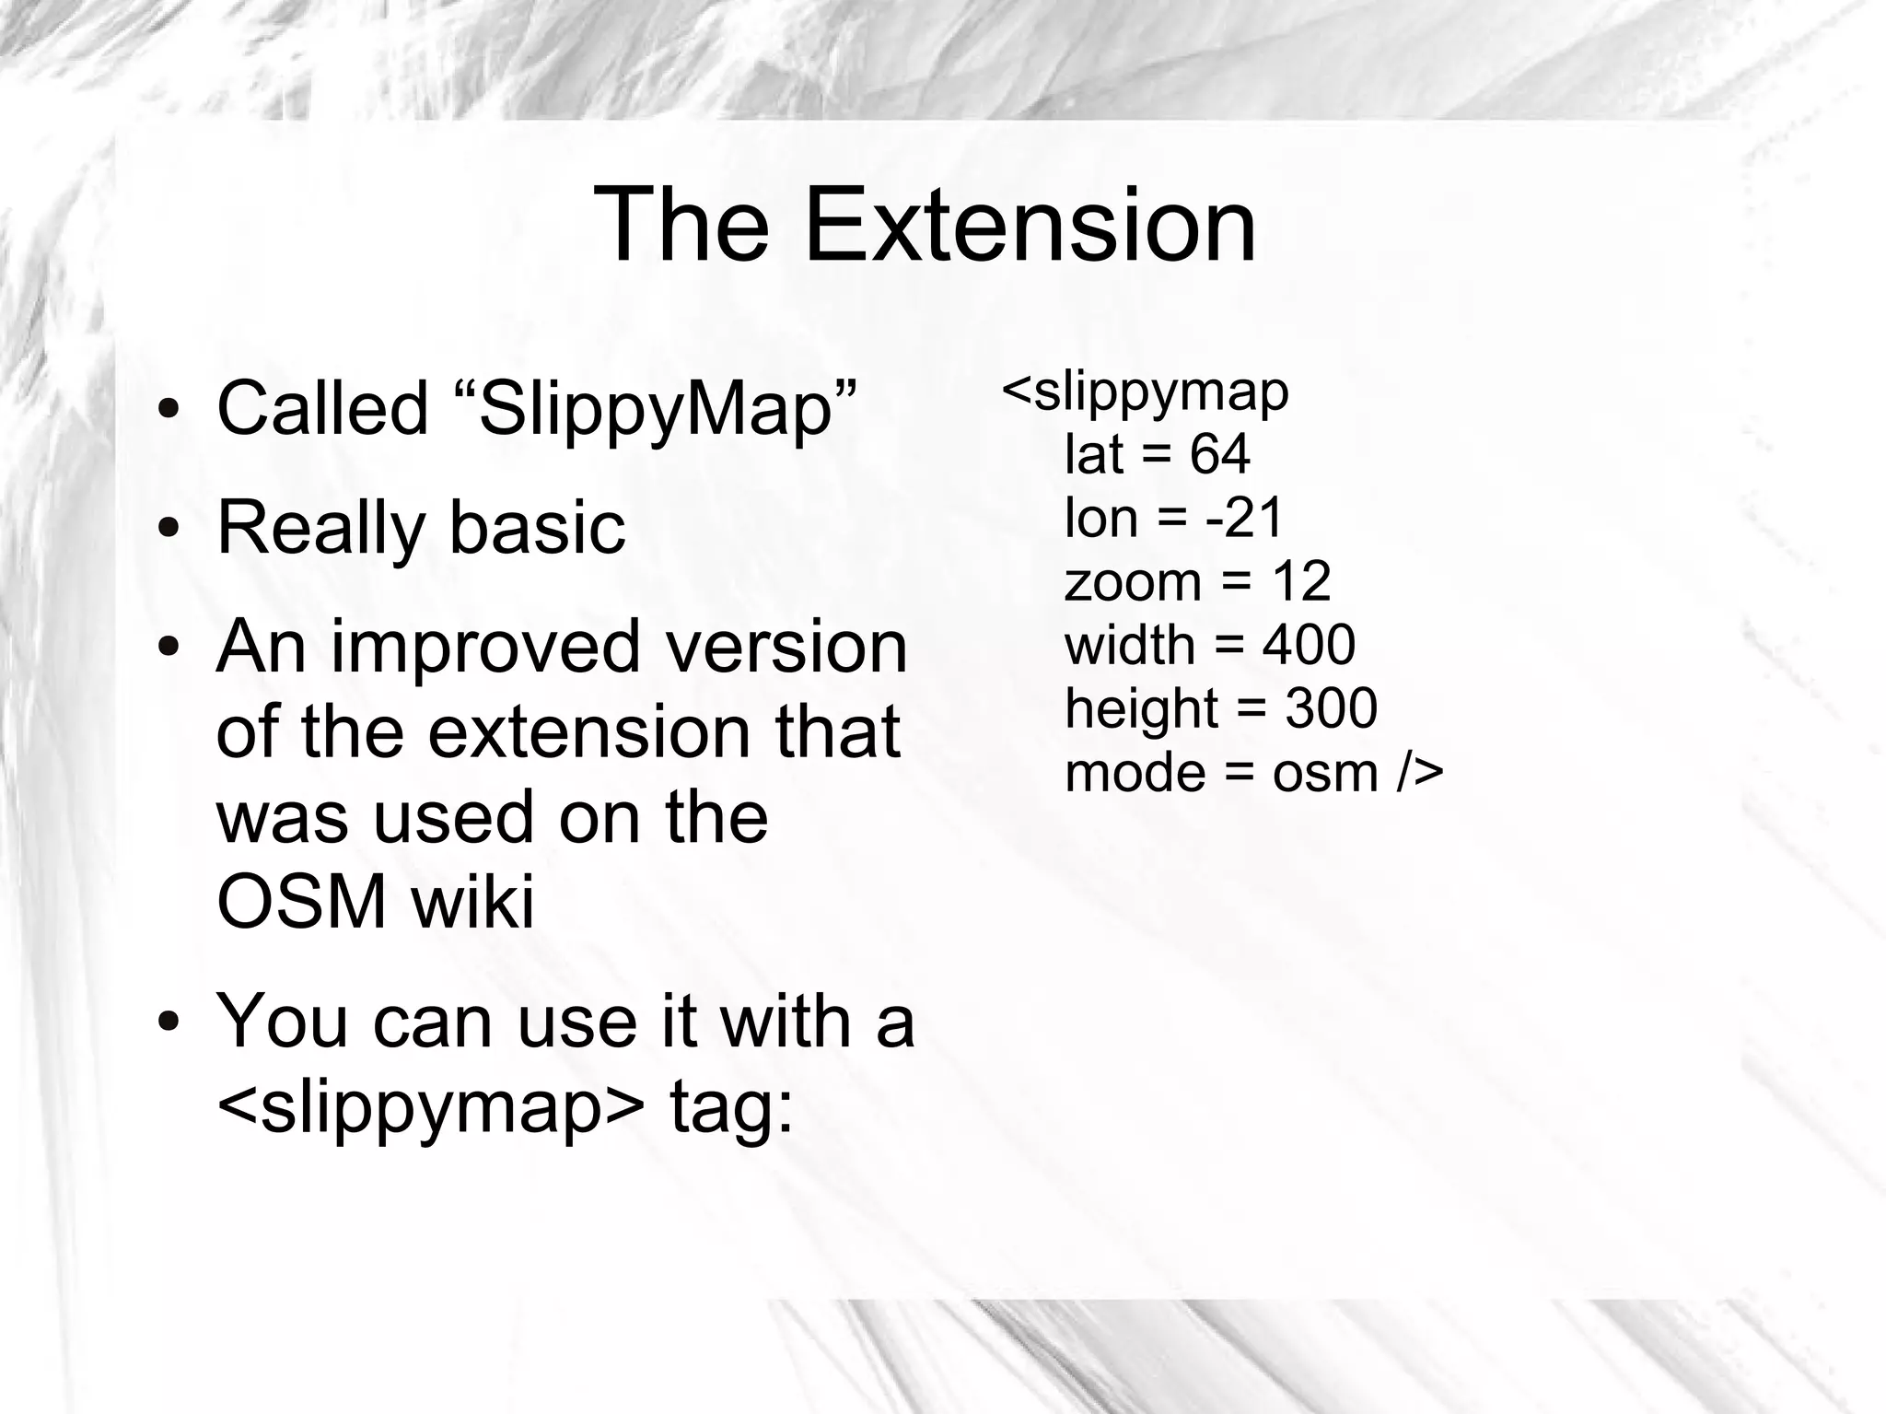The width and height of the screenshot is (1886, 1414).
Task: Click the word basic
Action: pos(538,529)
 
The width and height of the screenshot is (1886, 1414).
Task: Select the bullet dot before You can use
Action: pos(168,1022)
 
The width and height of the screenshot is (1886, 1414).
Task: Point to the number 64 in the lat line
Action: pos(1219,454)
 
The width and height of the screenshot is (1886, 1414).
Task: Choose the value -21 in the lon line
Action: pos(1244,518)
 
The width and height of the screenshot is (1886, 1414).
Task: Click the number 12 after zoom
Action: pos(1301,581)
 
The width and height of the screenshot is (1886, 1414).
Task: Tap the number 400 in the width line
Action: pos(1309,645)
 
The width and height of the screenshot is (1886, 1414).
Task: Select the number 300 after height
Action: pos(1331,708)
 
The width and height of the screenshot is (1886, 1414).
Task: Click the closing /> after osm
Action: pos(1419,772)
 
